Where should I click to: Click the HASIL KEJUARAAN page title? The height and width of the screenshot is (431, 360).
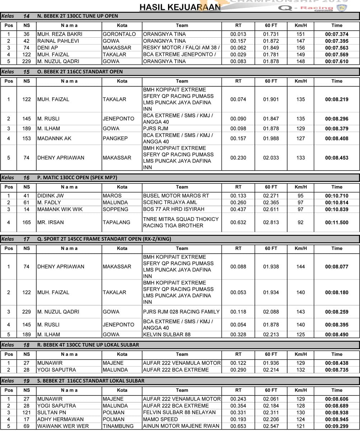180,7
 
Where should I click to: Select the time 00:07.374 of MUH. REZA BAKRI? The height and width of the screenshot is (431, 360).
337,34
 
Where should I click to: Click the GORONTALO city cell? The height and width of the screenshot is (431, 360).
119,34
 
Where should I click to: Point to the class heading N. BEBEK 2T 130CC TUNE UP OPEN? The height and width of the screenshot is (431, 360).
78,16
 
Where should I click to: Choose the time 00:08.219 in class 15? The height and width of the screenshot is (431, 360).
337,99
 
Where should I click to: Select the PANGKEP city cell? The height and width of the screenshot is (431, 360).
115,138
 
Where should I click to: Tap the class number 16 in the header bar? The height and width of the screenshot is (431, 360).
27,177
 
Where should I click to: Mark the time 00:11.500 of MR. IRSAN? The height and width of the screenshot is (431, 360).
337,222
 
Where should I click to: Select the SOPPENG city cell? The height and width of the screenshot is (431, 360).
115,209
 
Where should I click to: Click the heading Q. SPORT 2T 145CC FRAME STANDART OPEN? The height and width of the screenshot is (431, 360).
104,239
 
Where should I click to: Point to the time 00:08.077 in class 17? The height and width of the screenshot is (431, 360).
337,267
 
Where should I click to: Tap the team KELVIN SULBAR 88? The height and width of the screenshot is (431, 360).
167,335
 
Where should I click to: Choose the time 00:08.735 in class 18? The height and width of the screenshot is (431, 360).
337,370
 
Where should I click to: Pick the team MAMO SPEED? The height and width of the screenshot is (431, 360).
160,419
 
